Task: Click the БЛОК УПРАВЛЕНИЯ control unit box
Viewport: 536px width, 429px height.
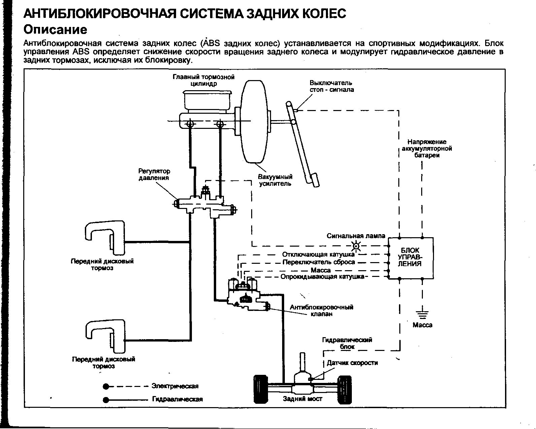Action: (x=411, y=258)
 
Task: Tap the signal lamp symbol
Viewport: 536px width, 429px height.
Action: (x=357, y=246)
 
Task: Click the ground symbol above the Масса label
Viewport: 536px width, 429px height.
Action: (x=422, y=315)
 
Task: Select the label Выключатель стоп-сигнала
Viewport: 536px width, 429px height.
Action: (x=332, y=86)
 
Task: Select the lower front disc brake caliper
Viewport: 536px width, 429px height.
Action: (x=105, y=336)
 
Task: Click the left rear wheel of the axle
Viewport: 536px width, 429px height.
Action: (x=261, y=389)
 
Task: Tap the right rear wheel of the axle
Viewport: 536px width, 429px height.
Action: (x=344, y=389)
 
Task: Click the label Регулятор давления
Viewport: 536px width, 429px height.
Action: (x=154, y=175)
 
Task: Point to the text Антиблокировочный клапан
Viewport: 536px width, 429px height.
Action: (x=322, y=311)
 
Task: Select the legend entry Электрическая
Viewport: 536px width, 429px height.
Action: (x=175, y=386)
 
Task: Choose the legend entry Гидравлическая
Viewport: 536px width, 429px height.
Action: (x=177, y=399)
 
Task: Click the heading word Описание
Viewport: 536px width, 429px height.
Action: (x=55, y=30)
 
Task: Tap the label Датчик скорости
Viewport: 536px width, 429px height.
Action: (x=352, y=363)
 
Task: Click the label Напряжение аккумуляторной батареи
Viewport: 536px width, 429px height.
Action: (x=427, y=149)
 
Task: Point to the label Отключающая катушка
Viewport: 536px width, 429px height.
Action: (x=318, y=254)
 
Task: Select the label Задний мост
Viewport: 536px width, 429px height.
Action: (x=302, y=399)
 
